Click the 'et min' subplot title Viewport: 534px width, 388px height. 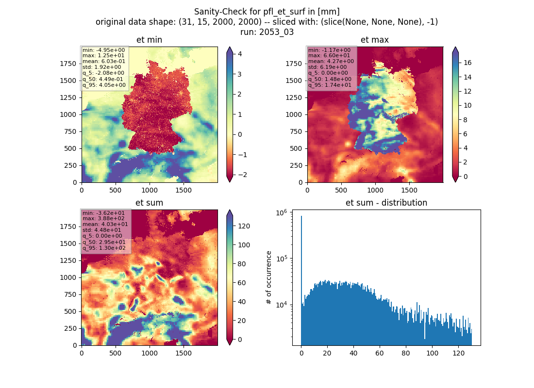(x=149, y=40)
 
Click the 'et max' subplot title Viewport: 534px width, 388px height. (x=375, y=40)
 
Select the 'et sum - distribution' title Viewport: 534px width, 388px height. (x=386, y=203)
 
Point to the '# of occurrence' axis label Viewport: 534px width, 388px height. (x=269, y=278)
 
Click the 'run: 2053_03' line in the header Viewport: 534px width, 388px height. (x=267, y=32)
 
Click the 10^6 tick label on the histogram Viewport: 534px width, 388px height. (x=281, y=213)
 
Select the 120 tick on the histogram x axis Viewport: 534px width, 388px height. (x=458, y=353)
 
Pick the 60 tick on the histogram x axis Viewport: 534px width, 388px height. (x=380, y=353)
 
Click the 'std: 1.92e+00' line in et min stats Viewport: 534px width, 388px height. (x=101, y=67)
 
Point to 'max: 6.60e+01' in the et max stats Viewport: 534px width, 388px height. (x=329, y=55)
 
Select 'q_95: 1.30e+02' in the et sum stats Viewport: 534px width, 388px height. (x=104, y=248)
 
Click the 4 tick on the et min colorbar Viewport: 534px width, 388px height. (x=240, y=54)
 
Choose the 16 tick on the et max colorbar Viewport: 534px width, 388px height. (x=467, y=63)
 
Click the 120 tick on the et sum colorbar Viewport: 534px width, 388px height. (x=244, y=226)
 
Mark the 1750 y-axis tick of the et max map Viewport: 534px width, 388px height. (x=294, y=64)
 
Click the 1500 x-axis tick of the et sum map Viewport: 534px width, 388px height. (x=183, y=353)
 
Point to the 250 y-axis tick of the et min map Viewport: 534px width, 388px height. (x=70, y=165)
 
